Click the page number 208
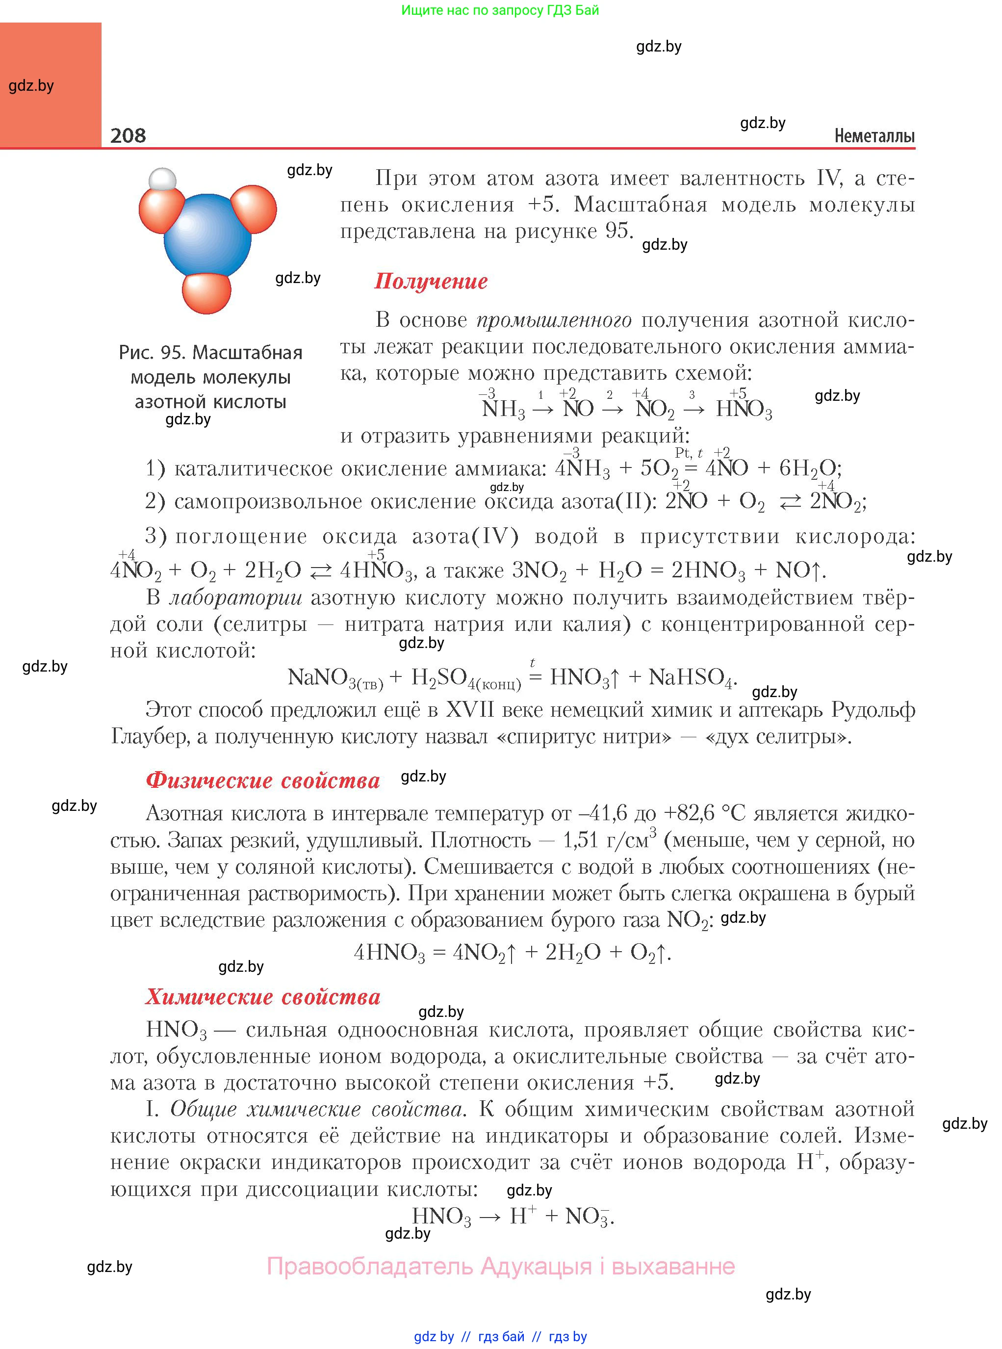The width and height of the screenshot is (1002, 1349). pos(128,135)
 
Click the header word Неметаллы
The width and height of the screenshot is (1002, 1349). pos(874,136)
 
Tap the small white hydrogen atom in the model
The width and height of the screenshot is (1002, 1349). pos(162,180)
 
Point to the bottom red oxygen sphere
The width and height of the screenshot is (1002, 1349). pos(207,293)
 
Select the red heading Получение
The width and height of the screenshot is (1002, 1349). pos(431,282)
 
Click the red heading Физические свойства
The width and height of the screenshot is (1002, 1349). pos(262,780)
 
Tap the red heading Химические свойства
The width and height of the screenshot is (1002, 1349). pos(262,997)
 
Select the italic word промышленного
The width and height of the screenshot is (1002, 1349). pos(553,320)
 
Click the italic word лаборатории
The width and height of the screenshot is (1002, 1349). pos(235,597)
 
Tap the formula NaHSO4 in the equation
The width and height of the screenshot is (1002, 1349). pos(691,677)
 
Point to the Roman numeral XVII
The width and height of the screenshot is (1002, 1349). pos(472,710)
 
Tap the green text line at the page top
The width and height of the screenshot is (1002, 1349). pos(500,10)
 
